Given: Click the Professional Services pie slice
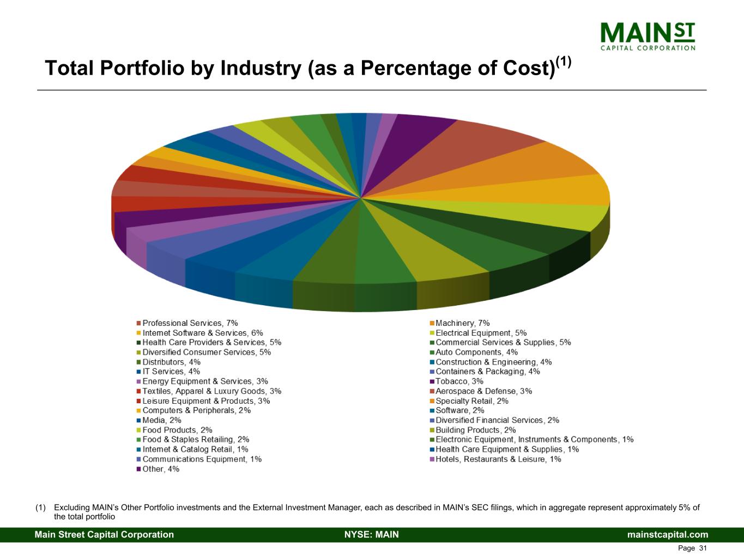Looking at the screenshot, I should [x=469, y=147].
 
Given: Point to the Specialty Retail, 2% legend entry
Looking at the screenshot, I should [x=471, y=401].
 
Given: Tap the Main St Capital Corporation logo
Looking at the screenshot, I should [x=647, y=36].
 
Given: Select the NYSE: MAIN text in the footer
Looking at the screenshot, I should [x=371, y=535].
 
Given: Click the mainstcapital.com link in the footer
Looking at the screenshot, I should [x=668, y=535].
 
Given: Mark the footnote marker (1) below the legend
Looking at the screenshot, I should [x=40, y=508].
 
